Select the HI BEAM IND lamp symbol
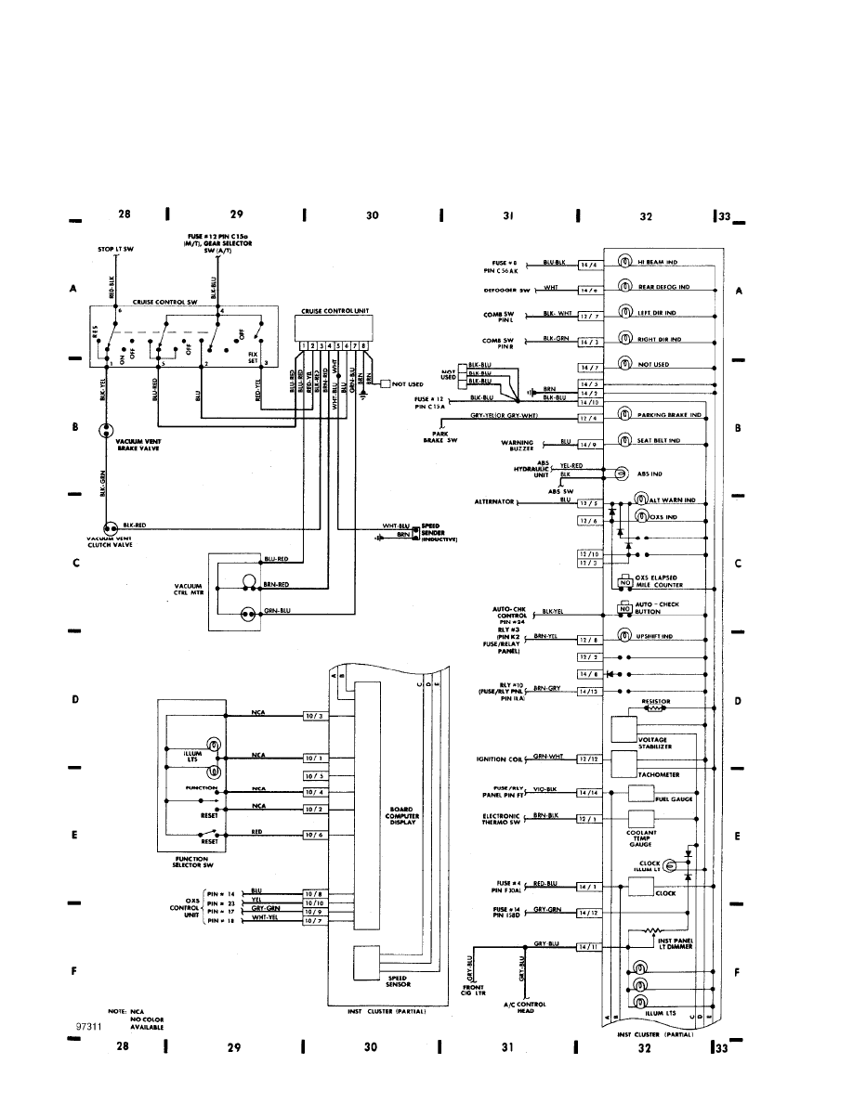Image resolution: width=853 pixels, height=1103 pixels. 626,265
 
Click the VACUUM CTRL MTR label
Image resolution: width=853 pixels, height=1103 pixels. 188,590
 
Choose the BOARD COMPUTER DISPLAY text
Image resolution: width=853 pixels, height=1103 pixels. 401,814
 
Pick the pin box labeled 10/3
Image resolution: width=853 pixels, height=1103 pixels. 313,715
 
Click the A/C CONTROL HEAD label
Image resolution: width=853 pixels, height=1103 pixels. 531,1008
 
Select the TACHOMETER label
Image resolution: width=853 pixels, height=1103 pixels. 660,772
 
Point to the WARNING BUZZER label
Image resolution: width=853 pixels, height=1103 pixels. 520,447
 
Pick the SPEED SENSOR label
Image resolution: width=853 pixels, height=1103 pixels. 397,980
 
